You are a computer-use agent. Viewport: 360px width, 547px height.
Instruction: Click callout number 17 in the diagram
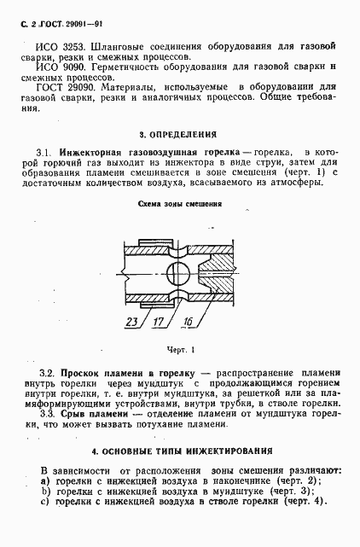[x=160, y=322]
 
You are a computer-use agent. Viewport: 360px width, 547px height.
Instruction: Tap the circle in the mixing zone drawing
[x=179, y=275]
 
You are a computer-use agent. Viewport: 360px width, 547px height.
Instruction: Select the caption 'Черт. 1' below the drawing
[x=179, y=349]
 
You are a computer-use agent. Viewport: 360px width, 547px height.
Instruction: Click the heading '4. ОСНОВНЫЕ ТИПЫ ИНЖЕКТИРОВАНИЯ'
[x=182, y=450]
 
